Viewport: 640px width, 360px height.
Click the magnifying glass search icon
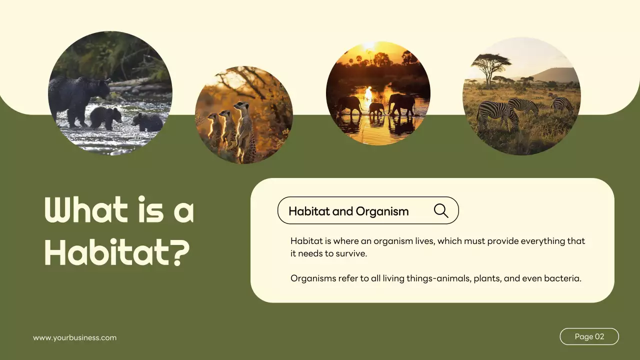441,210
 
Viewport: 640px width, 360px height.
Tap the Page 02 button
589,336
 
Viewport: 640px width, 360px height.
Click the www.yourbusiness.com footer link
75,337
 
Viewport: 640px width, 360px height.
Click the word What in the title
84,210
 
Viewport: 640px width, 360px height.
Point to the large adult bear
77,97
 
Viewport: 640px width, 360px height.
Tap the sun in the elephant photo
369,46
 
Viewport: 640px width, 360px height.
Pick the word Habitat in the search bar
309,211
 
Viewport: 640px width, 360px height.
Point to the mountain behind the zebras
555,75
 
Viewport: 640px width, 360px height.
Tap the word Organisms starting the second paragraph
313,278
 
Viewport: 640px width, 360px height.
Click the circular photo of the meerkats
244,115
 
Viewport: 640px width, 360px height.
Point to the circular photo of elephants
378,93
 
